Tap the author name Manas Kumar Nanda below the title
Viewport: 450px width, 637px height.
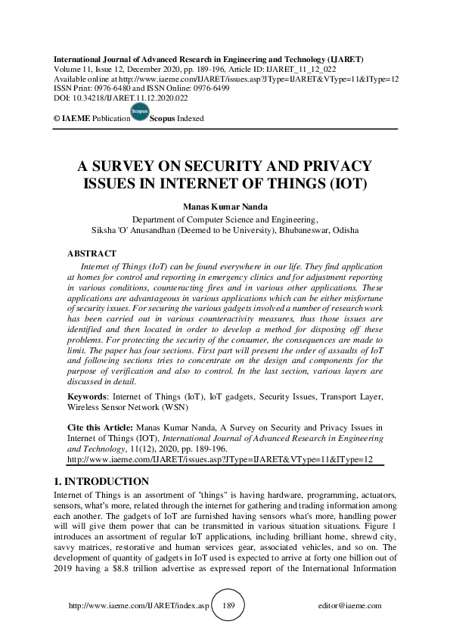225,205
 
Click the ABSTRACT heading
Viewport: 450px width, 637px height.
92,253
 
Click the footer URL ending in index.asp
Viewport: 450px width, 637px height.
138,606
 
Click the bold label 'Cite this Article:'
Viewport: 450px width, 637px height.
99,427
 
